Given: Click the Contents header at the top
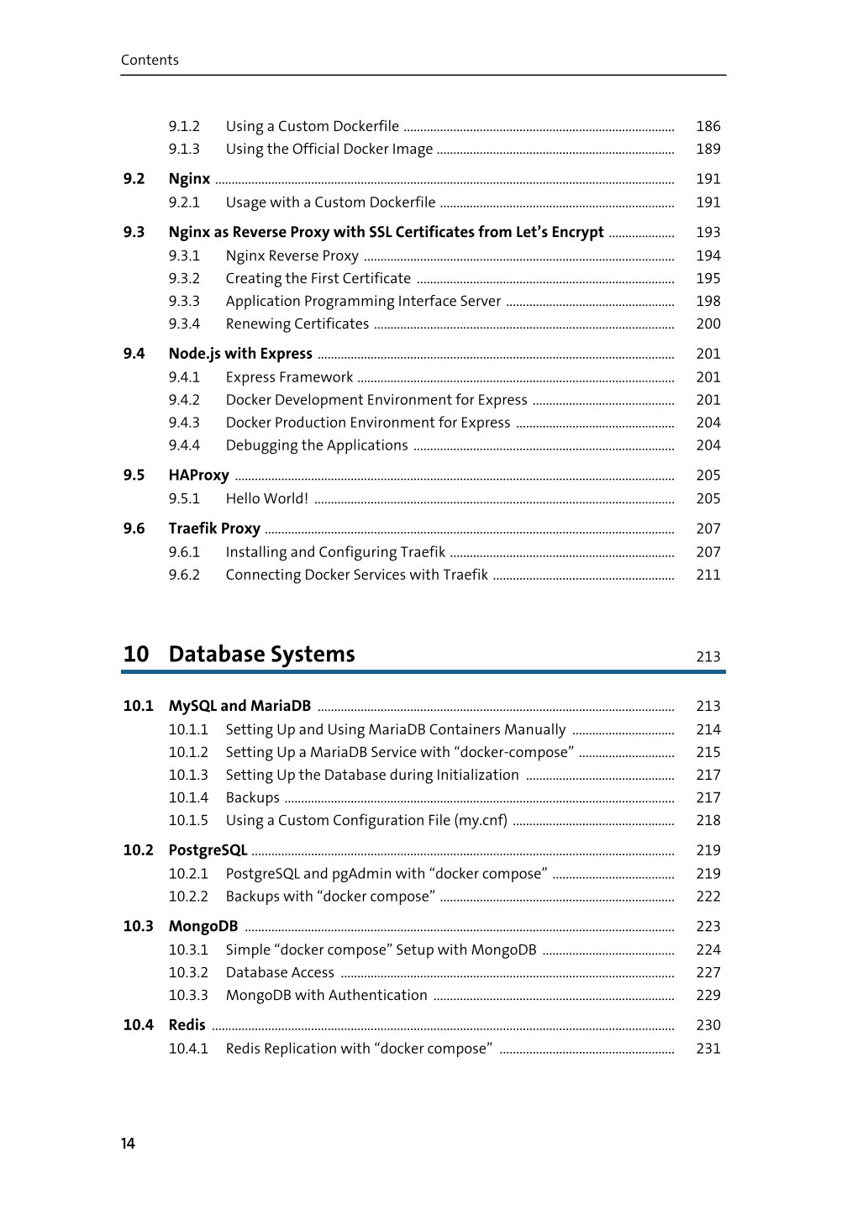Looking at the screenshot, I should [x=150, y=60].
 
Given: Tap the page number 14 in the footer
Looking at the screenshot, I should [x=128, y=1143].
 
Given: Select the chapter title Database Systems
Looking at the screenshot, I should [x=261, y=655].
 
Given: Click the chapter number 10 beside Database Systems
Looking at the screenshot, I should [x=136, y=655].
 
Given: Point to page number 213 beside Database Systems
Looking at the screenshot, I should [x=708, y=657].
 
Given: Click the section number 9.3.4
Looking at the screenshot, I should [x=184, y=324].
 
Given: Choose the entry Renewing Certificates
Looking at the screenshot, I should [x=297, y=324].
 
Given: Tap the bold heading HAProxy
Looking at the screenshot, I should [x=198, y=475].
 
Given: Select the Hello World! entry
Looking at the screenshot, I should [x=266, y=498].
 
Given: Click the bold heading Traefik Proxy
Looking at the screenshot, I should [x=214, y=529].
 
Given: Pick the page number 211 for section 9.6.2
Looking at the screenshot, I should [x=708, y=575].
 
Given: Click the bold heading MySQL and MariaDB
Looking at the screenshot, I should [x=239, y=706].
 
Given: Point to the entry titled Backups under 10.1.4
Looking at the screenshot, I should [x=252, y=797].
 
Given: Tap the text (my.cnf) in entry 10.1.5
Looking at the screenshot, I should [x=481, y=820].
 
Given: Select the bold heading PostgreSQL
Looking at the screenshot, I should [x=208, y=850].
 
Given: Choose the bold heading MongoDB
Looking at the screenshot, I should [x=203, y=926].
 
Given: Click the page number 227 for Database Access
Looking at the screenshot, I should [x=708, y=972].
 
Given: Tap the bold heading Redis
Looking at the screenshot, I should [x=187, y=1025].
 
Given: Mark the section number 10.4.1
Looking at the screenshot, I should [x=188, y=1049].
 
